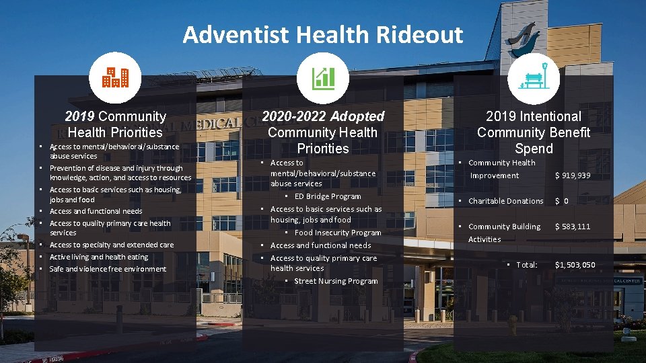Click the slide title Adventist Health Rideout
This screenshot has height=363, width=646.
point(322,34)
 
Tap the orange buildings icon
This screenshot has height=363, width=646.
point(114,78)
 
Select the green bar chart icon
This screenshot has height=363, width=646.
point(323,78)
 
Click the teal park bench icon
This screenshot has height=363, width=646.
point(534,78)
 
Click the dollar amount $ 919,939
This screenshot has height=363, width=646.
point(572,175)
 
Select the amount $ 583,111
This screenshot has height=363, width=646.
point(572,227)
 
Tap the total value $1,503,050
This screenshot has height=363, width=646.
point(575,265)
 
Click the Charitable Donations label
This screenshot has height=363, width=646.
point(505,201)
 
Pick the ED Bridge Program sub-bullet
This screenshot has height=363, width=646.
point(327,196)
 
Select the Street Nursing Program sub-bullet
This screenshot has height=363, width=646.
point(336,281)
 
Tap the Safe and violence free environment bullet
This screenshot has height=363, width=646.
point(108,269)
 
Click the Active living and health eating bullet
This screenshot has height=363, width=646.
point(98,257)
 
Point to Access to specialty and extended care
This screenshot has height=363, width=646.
point(111,245)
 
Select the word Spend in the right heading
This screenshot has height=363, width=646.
point(533,149)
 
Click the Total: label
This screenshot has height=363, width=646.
point(526,265)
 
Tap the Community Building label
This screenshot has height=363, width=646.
point(504,227)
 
